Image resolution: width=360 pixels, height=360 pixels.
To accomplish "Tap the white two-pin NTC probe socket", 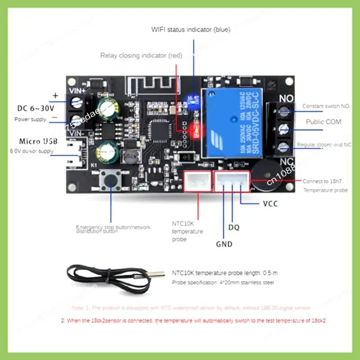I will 197,182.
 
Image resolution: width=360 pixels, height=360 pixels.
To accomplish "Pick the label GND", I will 224,244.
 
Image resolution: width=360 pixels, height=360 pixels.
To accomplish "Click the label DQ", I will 234,228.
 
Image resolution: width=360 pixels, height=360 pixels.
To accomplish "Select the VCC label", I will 270,204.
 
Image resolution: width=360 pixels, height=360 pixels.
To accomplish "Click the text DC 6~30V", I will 36,108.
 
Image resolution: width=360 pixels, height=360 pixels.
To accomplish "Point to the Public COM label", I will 323,121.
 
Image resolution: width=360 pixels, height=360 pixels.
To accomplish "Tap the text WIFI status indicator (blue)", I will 190,30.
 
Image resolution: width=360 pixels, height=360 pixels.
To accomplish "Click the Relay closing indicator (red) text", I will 141,55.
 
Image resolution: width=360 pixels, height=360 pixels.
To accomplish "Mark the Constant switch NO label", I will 325,106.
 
